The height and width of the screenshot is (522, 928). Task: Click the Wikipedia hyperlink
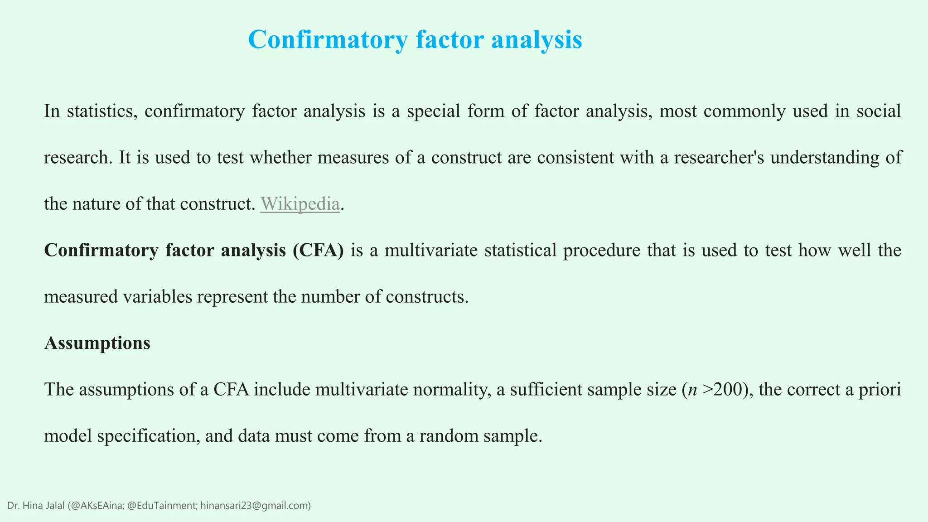[x=300, y=204]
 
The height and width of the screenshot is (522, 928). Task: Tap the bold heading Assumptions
[x=97, y=343]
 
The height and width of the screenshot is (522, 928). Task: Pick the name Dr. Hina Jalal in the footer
[x=36, y=506]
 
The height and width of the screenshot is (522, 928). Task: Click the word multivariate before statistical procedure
[x=431, y=250]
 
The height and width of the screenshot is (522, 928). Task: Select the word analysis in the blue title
[x=536, y=40]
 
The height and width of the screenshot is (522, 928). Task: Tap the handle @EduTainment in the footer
[x=161, y=506]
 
